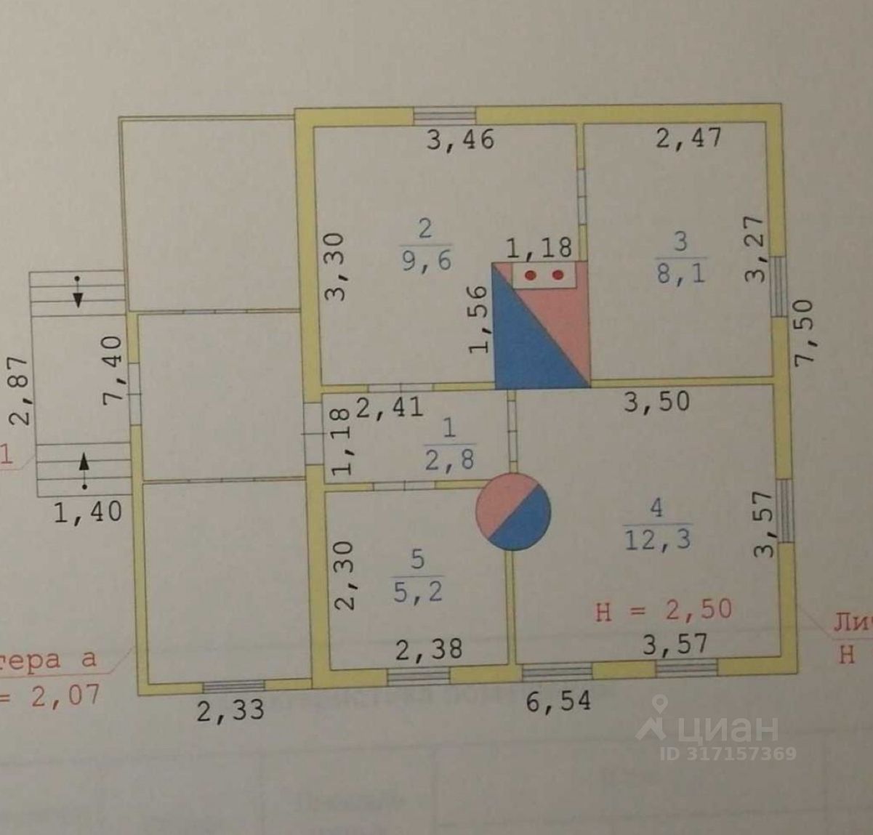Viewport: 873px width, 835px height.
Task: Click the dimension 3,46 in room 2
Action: [x=459, y=138]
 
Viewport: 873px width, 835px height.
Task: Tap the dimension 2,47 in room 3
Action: [x=688, y=137]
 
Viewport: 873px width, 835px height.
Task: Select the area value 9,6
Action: [x=425, y=261]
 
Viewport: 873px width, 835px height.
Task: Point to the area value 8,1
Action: [x=680, y=274]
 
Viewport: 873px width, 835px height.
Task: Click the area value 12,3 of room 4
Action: [x=657, y=538]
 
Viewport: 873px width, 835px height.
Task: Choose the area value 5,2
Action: [x=417, y=592]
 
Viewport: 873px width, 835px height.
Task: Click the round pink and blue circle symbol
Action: [x=513, y=512]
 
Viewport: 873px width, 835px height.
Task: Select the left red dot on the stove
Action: [x=531, y=275]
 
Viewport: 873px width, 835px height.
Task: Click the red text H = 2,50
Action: [x=663, y=610]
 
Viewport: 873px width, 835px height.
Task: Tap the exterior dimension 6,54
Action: [x=558, y=701]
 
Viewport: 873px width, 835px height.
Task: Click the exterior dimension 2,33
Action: [x=230, y=709]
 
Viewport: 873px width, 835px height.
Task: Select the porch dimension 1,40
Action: [x=88, y=512]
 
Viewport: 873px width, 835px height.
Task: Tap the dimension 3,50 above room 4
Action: [x=656, y=401]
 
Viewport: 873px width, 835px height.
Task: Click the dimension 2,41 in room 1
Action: [x=389, y=406]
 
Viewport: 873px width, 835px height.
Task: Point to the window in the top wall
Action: [x=444, y=116]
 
